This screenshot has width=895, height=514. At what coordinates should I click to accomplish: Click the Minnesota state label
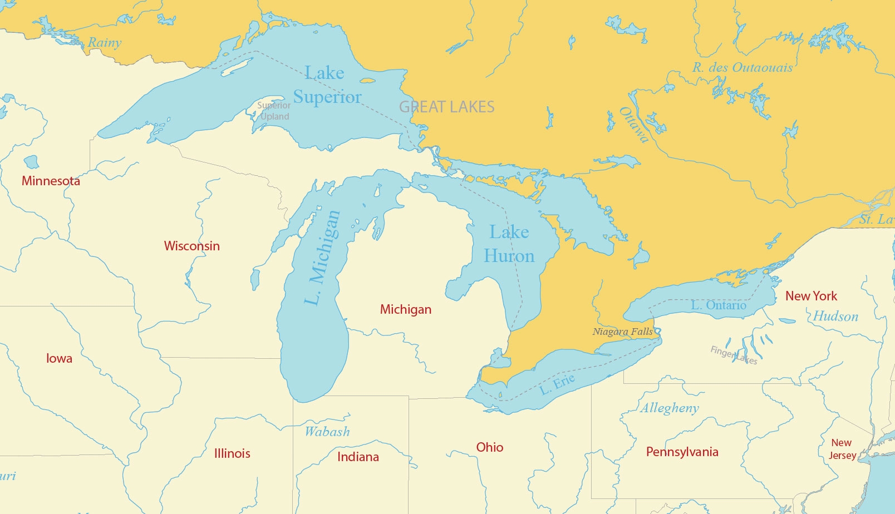pyautogui.click(x=51, y=181)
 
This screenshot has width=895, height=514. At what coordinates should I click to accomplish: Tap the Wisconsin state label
pyautogui.click(x=191, y=246)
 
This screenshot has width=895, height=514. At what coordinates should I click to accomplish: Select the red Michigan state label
pyautogui.click(x=405, y=309)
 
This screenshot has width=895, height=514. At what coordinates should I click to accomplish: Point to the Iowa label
pyautogui.click(x=59, y=358)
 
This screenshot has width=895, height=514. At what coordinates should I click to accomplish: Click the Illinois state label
pyautogui.click(x=232, y=453)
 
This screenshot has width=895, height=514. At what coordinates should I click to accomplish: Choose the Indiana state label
pyautogui.click(x=358, y=457)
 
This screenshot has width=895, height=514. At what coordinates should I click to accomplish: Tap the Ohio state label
pyautogui.click(x=489, y=447)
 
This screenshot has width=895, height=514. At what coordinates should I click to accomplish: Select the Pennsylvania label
pyautogui.click(x=682, y=452)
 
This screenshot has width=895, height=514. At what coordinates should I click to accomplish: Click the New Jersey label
pyautogui.click(x=842, y=449)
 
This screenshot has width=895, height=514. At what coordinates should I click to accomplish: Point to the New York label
pyautogui.click(x=811, y=296)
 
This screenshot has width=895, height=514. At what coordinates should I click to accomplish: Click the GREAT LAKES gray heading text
pyautogui.click(x=447, y=107)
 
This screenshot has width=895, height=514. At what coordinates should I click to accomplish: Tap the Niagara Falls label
pyautogui.click(x=622, y=332)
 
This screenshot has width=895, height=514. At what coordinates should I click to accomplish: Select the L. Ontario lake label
pyautogui.click(x=718, y=305)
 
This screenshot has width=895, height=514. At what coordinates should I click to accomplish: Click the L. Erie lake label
pyautogui.click(x=557, y=384)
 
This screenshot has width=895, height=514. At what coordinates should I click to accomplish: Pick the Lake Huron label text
pyautogui.click(x=509, y=244)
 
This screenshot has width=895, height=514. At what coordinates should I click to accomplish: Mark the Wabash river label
pyautogui.click(x=327, y=432)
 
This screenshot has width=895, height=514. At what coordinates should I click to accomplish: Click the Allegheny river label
pyautogui.click(x=670, y=408)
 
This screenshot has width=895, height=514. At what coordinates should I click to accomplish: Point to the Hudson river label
pyautogui.click(x=835, y=317)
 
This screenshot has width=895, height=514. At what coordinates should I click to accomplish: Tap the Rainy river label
pyautogui.click(x=105, y=42)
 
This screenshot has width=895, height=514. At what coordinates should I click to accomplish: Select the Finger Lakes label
pyautogui.click(x=734, y=355)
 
